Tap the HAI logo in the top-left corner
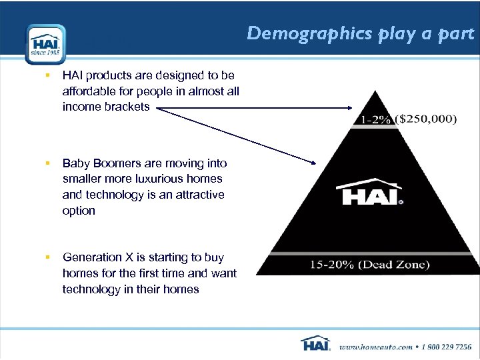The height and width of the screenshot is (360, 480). tap(45, 44)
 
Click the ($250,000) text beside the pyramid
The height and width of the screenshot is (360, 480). tap(426, 119)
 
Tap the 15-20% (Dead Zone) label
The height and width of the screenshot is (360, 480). tap(369, 265)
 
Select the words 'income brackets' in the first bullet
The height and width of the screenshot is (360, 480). tap(106, 107)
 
